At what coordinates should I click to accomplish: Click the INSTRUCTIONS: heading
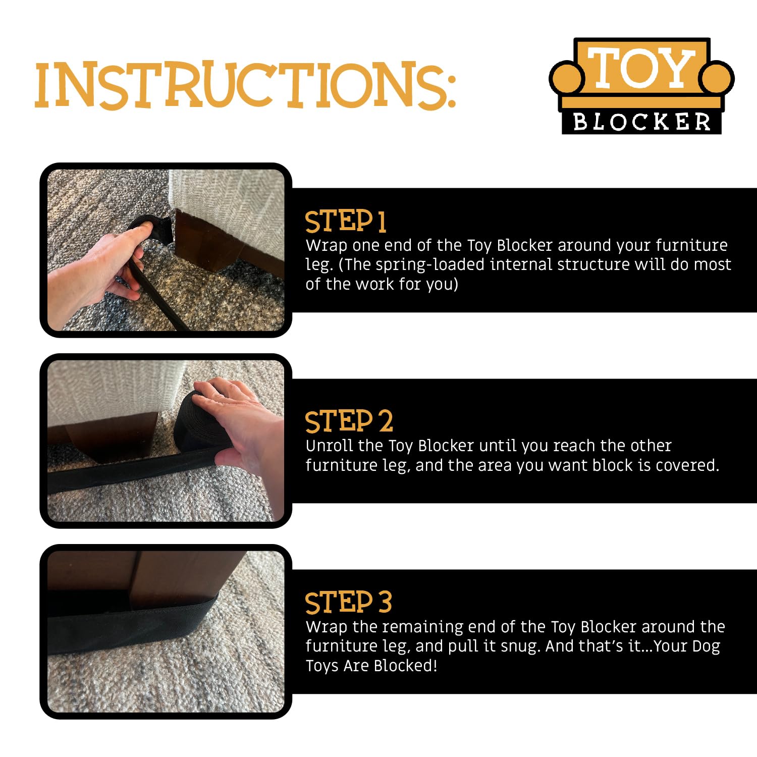(245, 85)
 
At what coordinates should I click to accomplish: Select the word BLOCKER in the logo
(642, 122)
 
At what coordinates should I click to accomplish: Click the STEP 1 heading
(346, 222)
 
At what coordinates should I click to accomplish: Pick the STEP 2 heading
(349, 421)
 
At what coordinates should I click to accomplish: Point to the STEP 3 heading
(348, 602)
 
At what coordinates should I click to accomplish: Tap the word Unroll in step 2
(329, 446)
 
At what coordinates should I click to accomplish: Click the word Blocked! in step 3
(406, 666)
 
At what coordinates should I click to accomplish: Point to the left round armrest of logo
(567, 78)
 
